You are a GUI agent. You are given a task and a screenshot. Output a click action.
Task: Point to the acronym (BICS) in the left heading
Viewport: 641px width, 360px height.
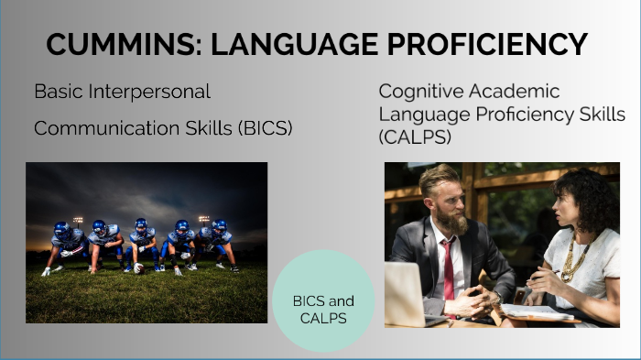coord(265,128)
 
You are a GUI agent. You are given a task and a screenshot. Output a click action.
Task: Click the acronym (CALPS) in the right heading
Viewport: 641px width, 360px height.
coord(413,136)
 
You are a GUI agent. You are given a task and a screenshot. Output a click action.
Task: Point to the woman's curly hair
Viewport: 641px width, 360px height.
coord(586,197)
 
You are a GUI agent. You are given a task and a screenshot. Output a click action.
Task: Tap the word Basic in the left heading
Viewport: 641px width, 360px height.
coord(57,93)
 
